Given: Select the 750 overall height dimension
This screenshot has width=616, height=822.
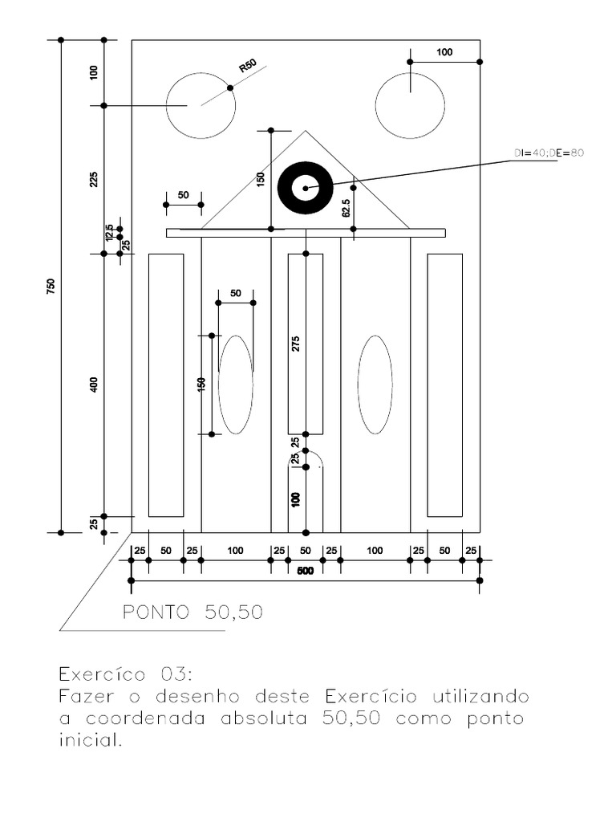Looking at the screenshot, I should click(x=51, y=286).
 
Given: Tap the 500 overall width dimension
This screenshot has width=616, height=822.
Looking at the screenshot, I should click(x=305, y=571).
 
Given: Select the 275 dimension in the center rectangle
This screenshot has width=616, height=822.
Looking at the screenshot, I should click(x=296, y=344).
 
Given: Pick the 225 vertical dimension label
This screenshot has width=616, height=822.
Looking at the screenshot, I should click(x=93, y=180).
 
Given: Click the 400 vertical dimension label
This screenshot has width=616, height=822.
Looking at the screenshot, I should click(x=93, y=385).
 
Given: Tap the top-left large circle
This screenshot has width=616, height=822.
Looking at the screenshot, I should click(x=201, y=105).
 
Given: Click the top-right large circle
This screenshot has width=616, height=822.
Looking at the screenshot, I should click(x=410, y=105).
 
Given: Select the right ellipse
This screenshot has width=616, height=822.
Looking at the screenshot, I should click(x=375, y=385).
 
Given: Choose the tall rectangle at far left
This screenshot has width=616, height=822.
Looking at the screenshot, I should click(x=166, y=385).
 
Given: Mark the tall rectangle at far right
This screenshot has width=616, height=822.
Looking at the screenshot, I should click(x=444, y=385).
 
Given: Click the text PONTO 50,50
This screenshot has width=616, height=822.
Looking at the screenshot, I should click(x=192, y=612).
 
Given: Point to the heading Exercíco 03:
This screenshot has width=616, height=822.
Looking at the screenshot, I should click(x=126, y=671).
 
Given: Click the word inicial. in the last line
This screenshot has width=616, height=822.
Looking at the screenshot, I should click(x=90, y=741).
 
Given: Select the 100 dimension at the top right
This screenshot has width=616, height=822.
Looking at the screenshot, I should click(x=444, y=52).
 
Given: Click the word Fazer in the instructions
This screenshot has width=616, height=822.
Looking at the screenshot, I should click(x=87, y=694).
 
